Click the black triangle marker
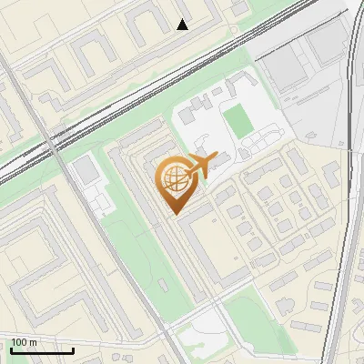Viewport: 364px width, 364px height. point(183,25)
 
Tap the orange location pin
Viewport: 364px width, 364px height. point(175,183)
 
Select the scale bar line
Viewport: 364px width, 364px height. point(42,350)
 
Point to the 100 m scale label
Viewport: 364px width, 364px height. point(25,342)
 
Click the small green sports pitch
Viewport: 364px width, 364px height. point(238,122)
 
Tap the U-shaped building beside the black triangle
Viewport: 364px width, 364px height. point(147,27)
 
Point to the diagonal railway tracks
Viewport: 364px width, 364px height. point(136,100)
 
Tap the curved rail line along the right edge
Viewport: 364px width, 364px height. point(349,182)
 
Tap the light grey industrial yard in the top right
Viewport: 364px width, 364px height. point(309,100)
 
